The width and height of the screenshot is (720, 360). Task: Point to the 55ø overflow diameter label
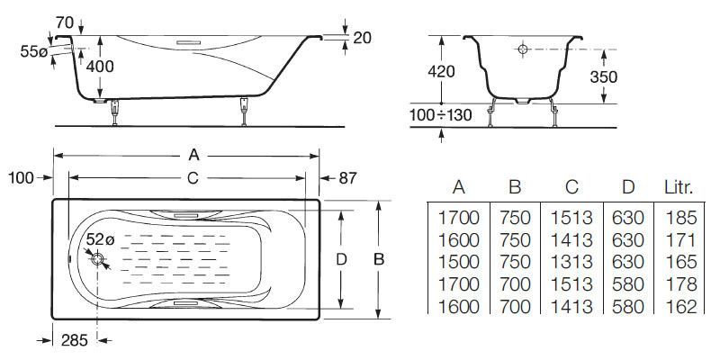pyautogui.click(x=33, y=53)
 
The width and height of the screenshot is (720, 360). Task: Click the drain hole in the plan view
pyautogui.click(x=99, y=259)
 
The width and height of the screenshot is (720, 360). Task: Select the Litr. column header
pyautogui.click(x=679, y=187)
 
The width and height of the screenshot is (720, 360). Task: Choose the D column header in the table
pyautogui.click(x=629, y=187)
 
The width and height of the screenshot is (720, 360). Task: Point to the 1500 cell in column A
pyautogui.click(x=458, y=262)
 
